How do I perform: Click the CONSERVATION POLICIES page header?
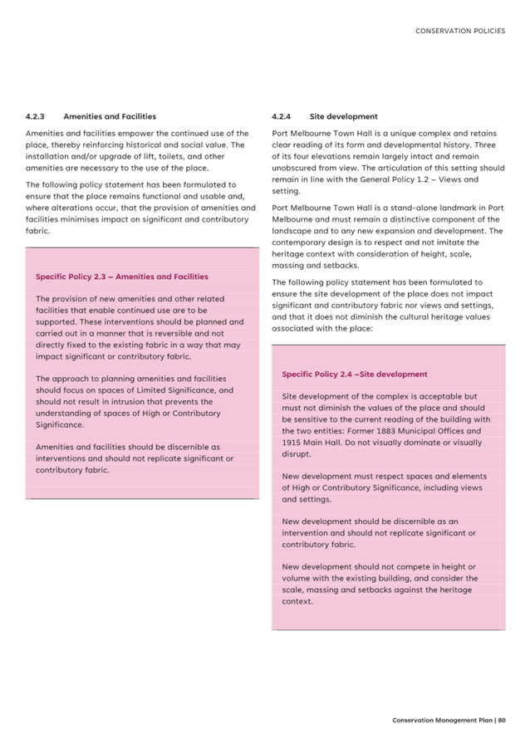click(x=459, y=31)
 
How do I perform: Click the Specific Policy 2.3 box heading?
click(x=121, y=277)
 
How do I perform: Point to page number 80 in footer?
click(x=502, y=721)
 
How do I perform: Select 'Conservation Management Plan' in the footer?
click(x=441, y=721)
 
